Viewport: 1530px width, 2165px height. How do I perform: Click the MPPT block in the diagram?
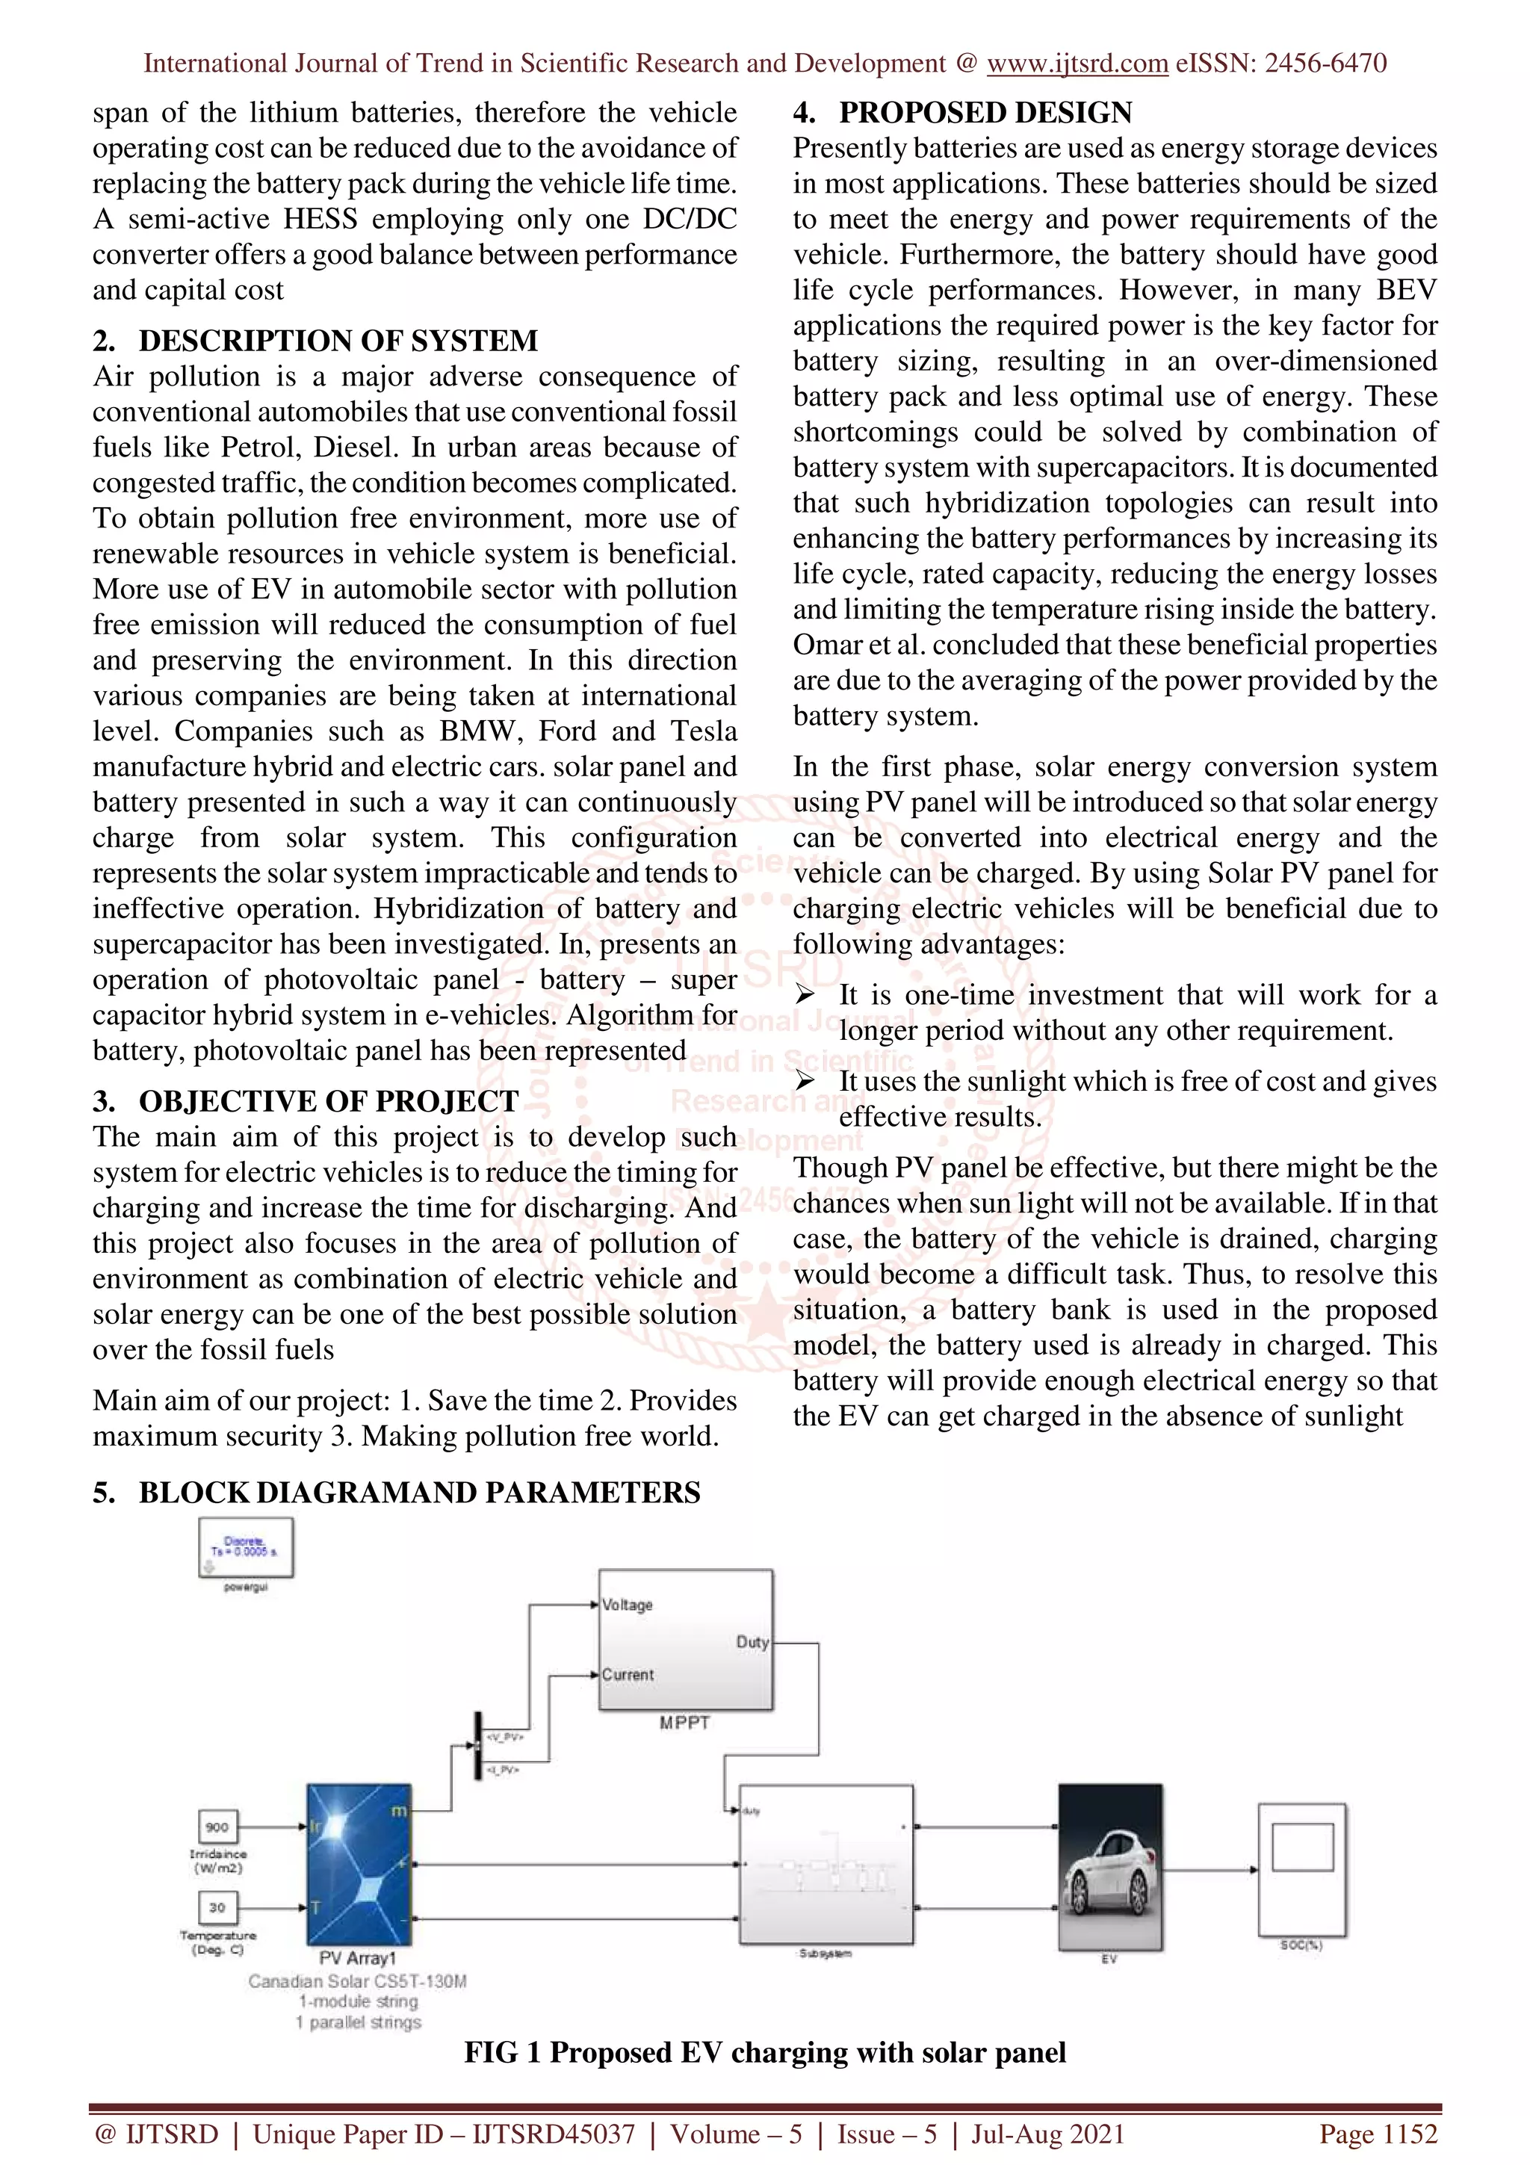(685, 1640)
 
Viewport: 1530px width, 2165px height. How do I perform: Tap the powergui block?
(246, 1547)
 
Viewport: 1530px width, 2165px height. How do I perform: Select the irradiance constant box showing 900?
(217, 1827)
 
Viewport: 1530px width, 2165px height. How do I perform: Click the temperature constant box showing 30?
(217, 1907)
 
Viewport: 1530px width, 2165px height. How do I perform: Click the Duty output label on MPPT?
(752, 1641)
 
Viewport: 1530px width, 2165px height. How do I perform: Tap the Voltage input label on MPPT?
(628, 1605)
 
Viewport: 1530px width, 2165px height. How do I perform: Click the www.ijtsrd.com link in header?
(1077, 64)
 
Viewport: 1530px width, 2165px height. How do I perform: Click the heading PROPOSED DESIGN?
(985, 112)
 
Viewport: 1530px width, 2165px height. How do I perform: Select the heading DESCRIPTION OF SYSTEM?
(338, 341)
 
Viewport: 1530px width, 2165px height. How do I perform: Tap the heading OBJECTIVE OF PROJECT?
(328, 1101)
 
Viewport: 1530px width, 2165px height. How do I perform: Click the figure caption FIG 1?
(764, 2052)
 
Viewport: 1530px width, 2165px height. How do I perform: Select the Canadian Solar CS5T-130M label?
(357, 1981)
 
